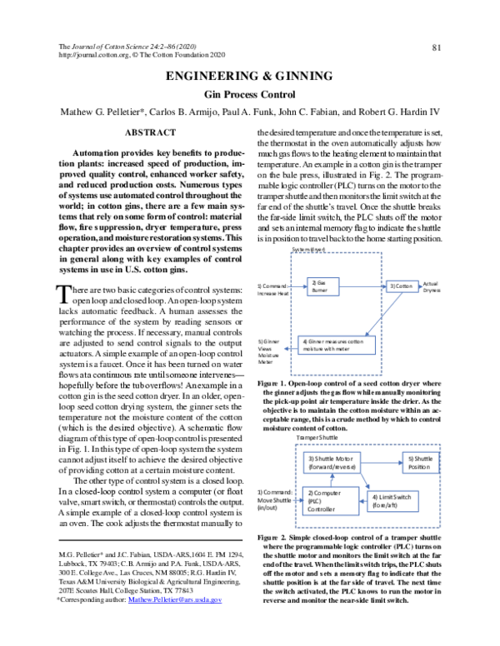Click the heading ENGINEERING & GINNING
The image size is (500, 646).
[x=249, y=77]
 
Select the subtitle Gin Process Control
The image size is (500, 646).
[x=249, y=96]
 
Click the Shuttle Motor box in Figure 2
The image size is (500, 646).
[x=332, y=464]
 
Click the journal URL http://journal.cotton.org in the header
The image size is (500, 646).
[x=92, y=55]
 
